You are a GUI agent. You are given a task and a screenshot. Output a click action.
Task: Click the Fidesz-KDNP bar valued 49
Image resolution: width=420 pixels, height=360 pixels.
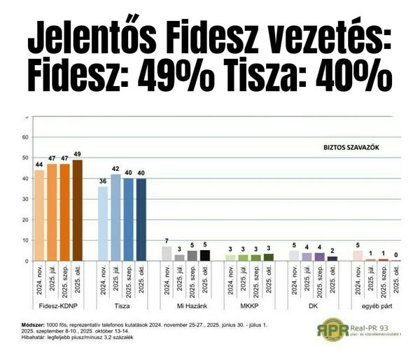tap(77, 210)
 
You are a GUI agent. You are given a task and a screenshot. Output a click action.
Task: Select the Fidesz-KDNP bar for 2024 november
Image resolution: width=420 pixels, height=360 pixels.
tap(39, 215)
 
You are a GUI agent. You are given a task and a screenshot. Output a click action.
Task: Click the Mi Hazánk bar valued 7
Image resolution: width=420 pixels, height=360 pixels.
tap(167, 254)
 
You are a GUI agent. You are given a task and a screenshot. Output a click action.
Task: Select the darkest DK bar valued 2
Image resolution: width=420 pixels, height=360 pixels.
tap(332, 258)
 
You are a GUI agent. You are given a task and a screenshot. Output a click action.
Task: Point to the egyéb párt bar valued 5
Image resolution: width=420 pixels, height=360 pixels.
tap(358, 256)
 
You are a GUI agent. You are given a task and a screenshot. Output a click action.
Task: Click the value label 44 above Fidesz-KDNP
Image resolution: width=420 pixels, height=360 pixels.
tap(39, 165)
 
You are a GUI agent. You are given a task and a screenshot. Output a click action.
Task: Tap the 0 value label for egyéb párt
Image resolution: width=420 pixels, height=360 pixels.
tap(396, 255)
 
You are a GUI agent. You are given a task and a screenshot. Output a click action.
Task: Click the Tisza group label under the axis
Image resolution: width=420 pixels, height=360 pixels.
tap(122, 307)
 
